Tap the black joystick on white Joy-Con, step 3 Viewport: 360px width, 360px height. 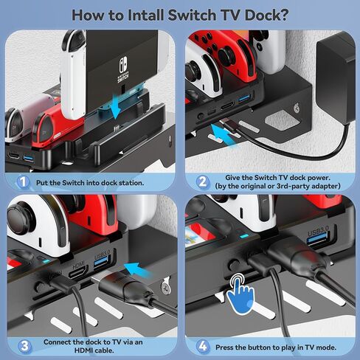[x=21, y=217]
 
